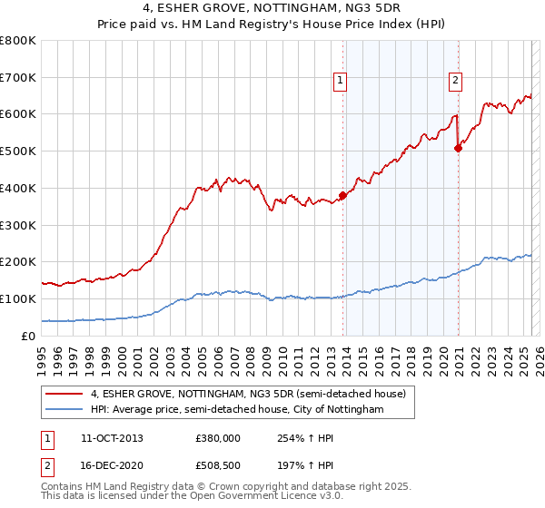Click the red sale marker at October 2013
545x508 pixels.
tap(342, 195)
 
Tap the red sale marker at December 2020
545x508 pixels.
tap(458, 148)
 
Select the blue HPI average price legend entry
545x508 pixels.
tap(237, 410)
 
